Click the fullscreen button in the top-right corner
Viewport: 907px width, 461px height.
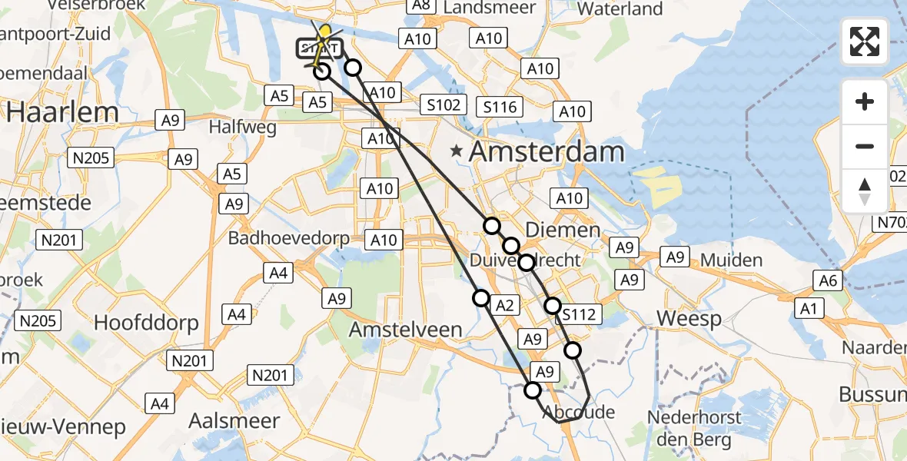[865, 41]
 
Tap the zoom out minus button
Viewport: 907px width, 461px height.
[865, 146]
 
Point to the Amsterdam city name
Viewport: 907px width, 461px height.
[547, 151]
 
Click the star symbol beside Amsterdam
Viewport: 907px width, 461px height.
[457, 151]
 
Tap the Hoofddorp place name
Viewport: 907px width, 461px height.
[146, 322]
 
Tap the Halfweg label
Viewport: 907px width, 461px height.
[242, 128]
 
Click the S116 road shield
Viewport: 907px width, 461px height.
[499, 107]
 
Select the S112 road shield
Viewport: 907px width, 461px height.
[578, 314]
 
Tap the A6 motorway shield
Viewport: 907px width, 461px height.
[828, 280]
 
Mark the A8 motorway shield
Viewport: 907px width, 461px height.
[420, 5]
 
